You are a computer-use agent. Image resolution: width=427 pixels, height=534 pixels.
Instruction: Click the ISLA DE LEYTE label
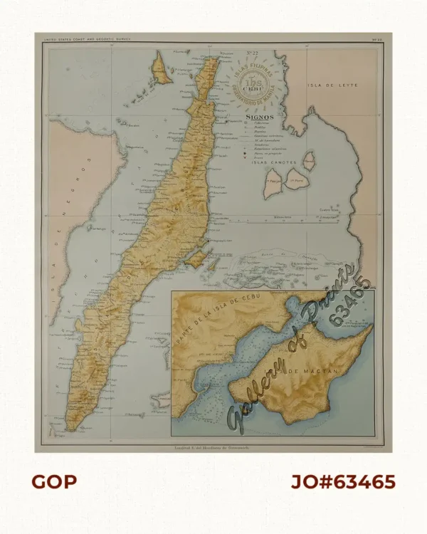coord(332,85)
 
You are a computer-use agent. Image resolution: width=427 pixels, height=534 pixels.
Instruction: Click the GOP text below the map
coord(54,482)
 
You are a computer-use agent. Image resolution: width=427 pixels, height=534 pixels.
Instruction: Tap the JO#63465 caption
coord(342,482)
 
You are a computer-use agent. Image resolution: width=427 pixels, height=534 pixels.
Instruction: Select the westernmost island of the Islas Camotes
coord(270,188)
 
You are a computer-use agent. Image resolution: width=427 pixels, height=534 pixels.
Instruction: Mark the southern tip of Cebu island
coord(71,429)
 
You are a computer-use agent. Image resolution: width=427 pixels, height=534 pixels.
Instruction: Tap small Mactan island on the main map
coord(196,257)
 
